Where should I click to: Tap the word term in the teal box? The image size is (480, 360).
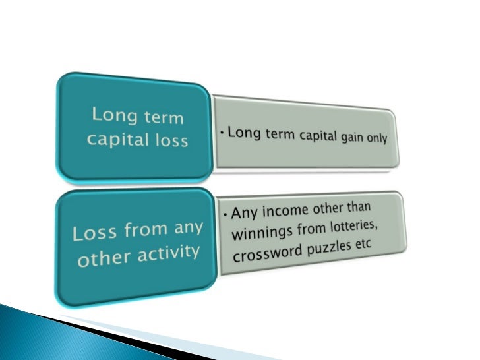click(x=163, y=119)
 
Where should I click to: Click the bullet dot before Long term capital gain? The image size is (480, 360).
click(x=223, y=134)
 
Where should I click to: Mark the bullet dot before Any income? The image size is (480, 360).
click(x=225, y=216)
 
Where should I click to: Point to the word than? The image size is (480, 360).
click(x=357, y=207)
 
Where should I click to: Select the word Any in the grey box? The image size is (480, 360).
click(x=243, y=216)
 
